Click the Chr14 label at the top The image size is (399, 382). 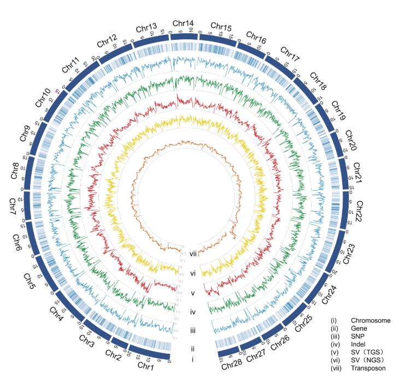coord(183,23)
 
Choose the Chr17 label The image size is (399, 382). coord(291,55)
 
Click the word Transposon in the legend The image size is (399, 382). coord(369,368)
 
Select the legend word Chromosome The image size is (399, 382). coord(371,321)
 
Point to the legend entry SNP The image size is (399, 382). coord(358,337)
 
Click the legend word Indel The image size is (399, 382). coord(359,344)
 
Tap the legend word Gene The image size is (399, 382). coord(359,328)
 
